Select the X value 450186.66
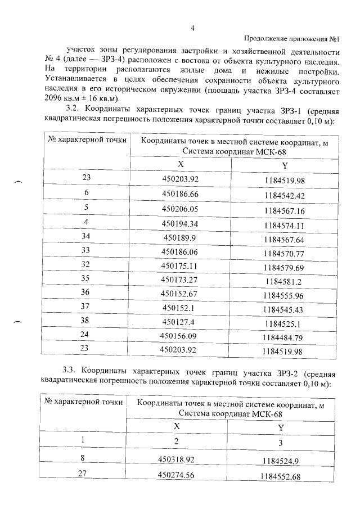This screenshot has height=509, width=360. click(181, 194)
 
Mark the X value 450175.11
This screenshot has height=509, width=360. click(181, 264)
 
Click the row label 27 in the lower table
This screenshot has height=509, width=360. click(82, 474)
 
